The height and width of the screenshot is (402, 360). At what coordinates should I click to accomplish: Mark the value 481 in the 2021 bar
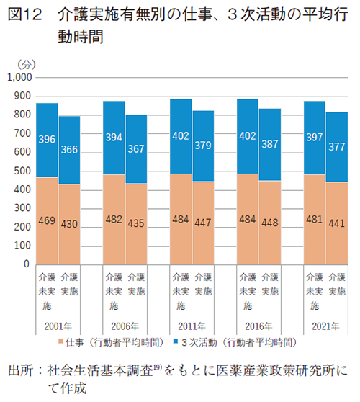tap(314, 220)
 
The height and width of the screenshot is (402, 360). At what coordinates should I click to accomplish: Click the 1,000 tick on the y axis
tap(19, 77)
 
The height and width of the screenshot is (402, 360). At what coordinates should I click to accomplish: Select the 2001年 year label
tap(58, 326)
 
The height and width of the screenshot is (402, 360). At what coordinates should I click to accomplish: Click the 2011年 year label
tap(192, 326)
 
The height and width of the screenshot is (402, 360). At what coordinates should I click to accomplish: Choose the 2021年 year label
tap(325, 326)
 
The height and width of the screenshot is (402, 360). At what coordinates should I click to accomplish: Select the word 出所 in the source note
tap(19, 372)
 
